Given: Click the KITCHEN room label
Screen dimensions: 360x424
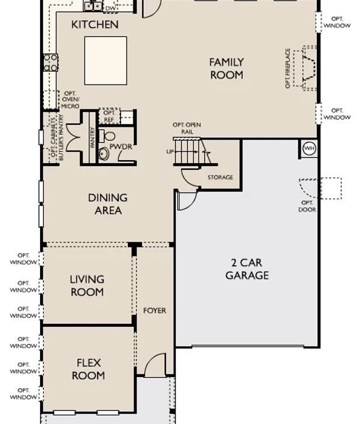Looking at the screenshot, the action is [95, 25].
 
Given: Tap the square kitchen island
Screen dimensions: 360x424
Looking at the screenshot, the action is [106, 61].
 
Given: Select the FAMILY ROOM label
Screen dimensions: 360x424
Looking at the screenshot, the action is [227, 69].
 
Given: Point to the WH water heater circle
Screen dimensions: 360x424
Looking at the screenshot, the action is [309, 148].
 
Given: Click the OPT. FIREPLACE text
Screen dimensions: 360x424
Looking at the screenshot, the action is [288, 68].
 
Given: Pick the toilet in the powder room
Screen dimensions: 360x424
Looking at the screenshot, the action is [107, 136].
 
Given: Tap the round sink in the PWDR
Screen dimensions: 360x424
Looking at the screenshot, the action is [104, 153].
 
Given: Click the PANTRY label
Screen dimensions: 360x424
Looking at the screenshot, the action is [93, 137].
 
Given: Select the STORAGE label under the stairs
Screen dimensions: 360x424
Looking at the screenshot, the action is [220, 177].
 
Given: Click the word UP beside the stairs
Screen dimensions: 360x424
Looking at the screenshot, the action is [170, 151].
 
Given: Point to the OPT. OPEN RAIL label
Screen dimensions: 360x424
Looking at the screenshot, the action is [186, 128].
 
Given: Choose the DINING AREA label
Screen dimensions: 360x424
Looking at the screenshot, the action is [108, 204].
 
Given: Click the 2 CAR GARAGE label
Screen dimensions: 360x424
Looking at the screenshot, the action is [247, 269].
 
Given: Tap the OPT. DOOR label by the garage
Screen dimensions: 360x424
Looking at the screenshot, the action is [308, 206].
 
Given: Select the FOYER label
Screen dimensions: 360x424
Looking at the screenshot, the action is [154, 310].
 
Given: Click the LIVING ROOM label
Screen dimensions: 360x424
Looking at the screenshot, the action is [87, 286].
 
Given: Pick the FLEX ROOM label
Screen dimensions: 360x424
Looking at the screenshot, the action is [88, 369].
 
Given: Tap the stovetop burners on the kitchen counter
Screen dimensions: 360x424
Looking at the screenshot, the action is [51, 62].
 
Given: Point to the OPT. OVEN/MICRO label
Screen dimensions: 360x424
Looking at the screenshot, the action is [70, 100].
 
